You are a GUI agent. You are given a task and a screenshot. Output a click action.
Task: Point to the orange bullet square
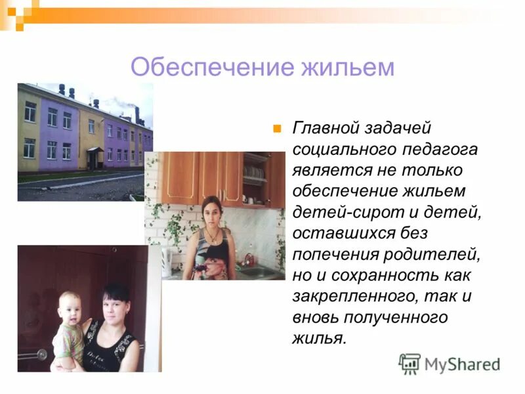[x=277, y=127]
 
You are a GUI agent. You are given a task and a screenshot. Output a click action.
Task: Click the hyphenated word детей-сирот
[x=346, y=212]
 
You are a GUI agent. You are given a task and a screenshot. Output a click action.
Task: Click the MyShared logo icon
[x=409, y=363]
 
